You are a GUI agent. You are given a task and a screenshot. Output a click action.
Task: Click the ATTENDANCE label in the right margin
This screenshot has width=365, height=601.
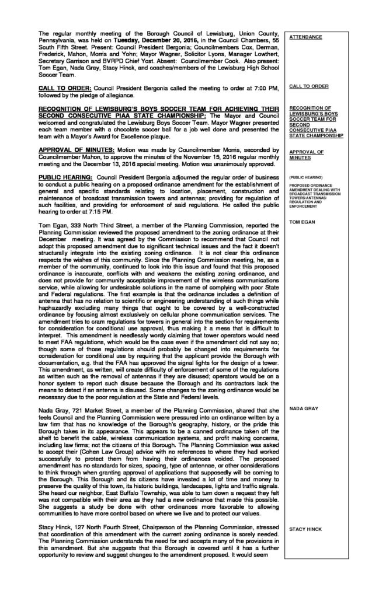tap(306, 37)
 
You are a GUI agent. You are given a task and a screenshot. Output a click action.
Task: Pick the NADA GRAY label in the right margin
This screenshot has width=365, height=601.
tap(304, 392)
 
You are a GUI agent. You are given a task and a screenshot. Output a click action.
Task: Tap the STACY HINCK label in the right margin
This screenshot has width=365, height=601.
tap(305, 529)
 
